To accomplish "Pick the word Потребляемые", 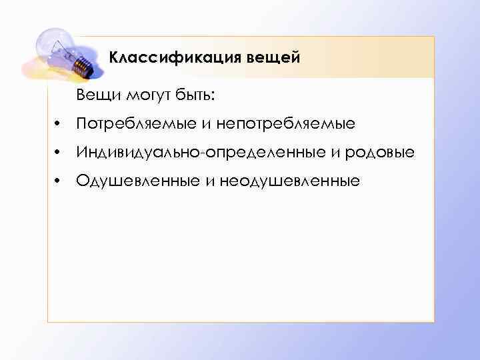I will (x=133, y=125).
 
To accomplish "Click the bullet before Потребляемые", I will (x=59, y=125).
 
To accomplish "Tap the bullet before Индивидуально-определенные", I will (x=59, y=153).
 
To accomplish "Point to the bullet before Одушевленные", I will (x=59, y=181).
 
